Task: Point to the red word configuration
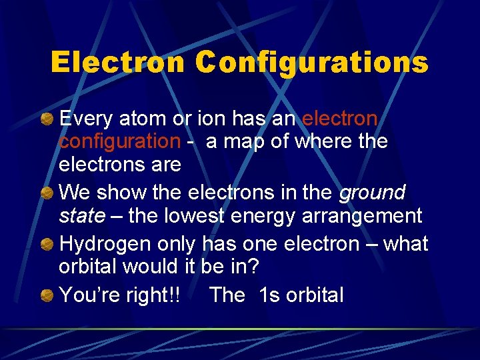tap(119, 142)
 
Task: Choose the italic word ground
tap(372, 193)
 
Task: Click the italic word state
tap(82, 216)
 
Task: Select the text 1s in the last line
tap(269, 294)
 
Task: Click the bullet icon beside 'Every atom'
tap(47, 119)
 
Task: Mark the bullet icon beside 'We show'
tap(47, 193)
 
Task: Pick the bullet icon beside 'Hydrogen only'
tap(47, 244)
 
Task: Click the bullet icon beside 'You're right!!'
tap(47, 295)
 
